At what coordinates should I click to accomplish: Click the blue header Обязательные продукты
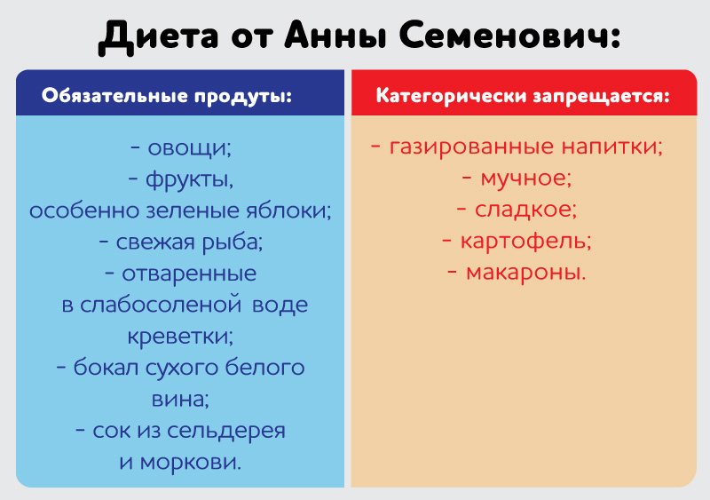[168, 95]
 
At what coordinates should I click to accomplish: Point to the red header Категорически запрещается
[523, 95]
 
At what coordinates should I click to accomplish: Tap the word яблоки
[288, 210]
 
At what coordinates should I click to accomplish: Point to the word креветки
[180, 337]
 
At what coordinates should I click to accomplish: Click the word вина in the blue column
[180, 399]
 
